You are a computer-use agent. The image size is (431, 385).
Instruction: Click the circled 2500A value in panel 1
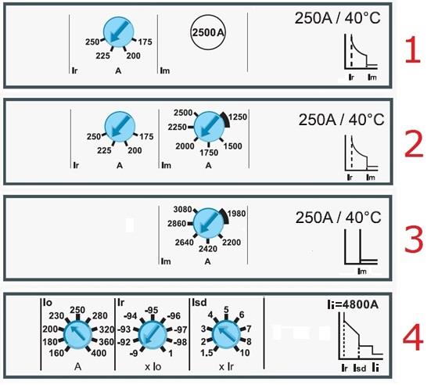208,32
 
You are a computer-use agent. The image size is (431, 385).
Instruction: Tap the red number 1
413,50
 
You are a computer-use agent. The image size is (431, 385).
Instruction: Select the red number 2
414,144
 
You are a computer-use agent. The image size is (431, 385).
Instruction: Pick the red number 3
414,240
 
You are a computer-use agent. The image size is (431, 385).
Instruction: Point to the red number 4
413,337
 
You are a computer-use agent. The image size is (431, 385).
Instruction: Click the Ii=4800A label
353,304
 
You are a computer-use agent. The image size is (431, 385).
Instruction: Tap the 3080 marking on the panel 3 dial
182,210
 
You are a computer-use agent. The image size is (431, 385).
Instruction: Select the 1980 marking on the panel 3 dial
237,214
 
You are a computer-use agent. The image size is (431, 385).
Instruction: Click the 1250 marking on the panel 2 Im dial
238,117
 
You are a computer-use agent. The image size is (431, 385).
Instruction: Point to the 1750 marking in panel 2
209,153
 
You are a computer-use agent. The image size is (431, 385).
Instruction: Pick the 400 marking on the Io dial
99,353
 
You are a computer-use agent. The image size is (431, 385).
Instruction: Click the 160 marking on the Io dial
56,353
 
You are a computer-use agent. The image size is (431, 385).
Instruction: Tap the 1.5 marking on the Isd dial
207,353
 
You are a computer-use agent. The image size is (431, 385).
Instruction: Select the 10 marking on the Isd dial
245,353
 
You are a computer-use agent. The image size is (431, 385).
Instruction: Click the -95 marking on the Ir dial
152,311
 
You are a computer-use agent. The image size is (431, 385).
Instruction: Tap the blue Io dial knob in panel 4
77,335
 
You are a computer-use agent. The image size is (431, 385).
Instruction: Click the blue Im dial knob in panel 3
208,223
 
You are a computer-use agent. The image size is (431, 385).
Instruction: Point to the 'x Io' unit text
153,367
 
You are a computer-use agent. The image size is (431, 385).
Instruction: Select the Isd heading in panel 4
199,303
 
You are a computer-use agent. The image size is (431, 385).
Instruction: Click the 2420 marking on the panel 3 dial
208,249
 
